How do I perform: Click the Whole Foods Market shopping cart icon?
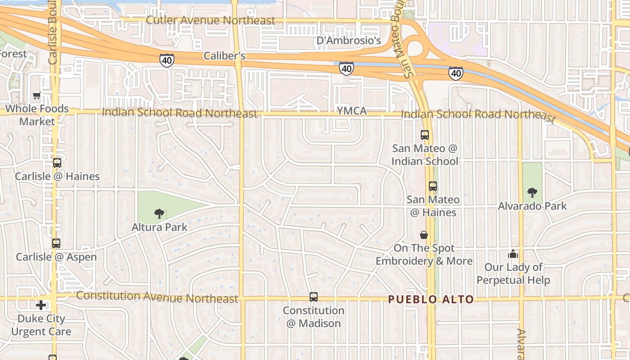coord(37,95)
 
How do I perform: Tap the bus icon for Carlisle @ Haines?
coord(57,163)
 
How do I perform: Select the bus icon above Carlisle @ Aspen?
coord(56,243)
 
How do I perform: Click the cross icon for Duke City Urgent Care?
coord(41,305)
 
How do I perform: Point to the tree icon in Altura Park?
coord(158,213)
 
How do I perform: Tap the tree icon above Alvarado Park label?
coord(532,193)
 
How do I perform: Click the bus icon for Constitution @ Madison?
coord(314,297)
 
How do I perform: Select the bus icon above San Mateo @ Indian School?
coord(424,135)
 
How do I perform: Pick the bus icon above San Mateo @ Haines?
coord(432,186)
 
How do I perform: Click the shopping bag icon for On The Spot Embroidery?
coord(423,234)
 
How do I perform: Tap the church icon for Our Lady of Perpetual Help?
coord(513,254)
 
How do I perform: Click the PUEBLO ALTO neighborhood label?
coord(431,299)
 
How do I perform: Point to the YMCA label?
coord(351,111)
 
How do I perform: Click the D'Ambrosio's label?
coord(349,41)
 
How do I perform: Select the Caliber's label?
coord(225,56)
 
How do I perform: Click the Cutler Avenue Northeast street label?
coord(211,21)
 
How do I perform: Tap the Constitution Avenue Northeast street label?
coord(157,297)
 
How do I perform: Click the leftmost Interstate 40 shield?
coord(166,59)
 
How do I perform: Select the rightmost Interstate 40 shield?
coord(455,72)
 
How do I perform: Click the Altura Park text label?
coord(159,227)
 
